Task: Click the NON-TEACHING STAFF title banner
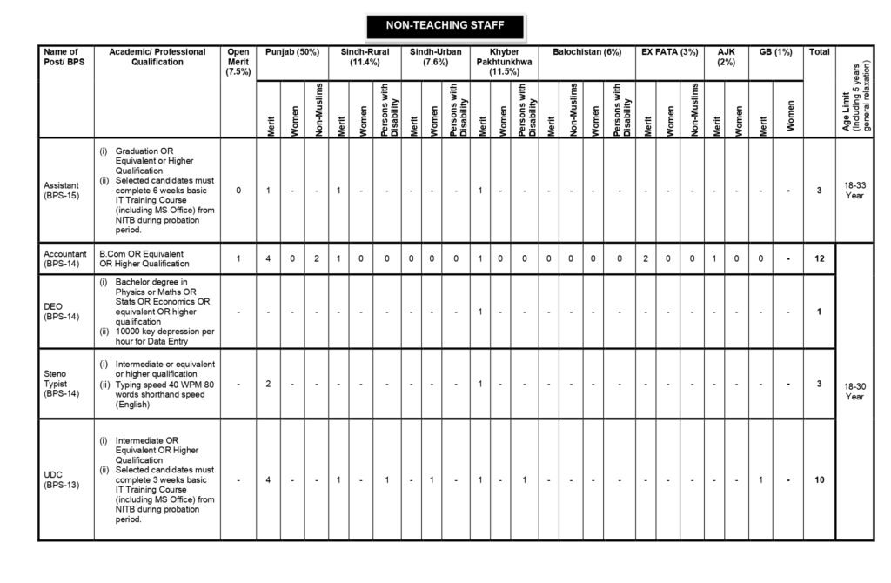coord(445,26)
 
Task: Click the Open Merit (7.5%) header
coord(238,62)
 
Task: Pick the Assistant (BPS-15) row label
coord(63,191)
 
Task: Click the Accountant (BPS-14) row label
coord(65,258)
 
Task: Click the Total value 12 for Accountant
coord(819,258)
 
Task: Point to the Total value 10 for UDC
coord(819,479)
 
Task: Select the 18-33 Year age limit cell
coord(854,191)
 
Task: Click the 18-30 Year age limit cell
coord(854,391)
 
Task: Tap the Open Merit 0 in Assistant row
coord(238,191)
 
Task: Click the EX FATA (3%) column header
coord(669,53)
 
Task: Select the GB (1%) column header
coord(775,53)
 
